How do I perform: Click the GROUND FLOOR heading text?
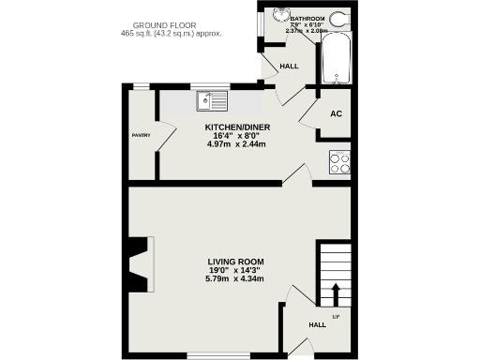pos(170,24)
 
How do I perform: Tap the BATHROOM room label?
pos(307,19)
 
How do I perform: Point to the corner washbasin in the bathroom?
pos(277,16)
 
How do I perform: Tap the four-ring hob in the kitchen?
pos(338,161)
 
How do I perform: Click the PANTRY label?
pos(141,135)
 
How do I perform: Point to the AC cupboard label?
pos(336,113)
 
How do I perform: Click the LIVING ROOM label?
pos(235,262)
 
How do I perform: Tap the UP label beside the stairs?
pos(336,316)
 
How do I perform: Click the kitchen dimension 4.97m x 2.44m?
pos(237,144)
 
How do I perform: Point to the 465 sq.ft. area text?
pos(171,34)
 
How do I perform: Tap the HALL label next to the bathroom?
pos(289,67)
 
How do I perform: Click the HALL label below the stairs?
pos(318,325)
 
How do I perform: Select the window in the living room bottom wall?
pos(218,356)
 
